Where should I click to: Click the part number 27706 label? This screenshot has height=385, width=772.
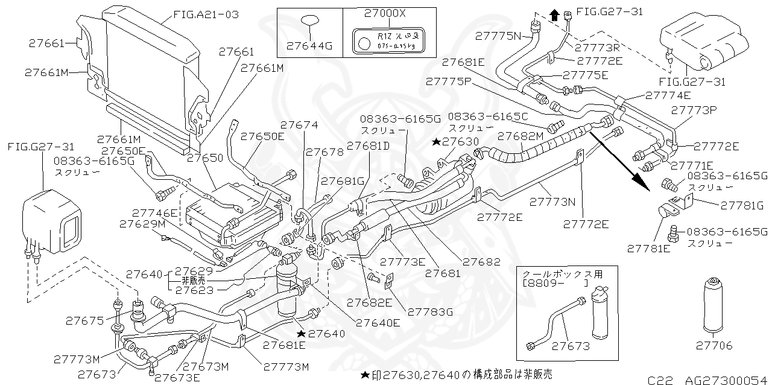tap(714, 345)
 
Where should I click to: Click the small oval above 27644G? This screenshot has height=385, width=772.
tap(309, 23)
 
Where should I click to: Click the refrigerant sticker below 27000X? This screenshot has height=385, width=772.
tap(389, 40)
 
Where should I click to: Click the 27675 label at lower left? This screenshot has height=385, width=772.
tap(84, 322)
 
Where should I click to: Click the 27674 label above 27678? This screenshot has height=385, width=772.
tap(299, 124)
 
